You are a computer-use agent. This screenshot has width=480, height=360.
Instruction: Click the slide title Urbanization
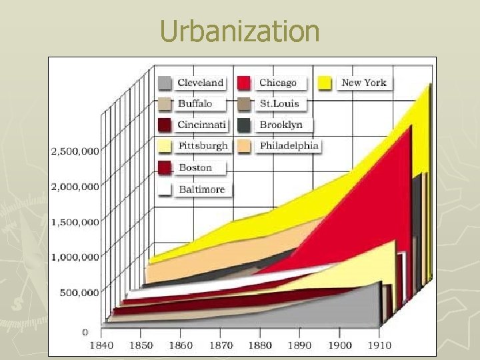pyautogui.click(x=240, y=31)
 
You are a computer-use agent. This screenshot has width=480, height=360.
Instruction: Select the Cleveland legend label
pyautogui.click(x=200, y=83)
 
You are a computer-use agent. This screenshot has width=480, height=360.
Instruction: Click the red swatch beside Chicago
pyautogui.click(x=245, y=83)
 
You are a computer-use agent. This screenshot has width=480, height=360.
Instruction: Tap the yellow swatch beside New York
pyautogui.click(x=325, y=83)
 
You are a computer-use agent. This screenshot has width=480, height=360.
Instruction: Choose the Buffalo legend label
pyautogui.click(x=195, y=103)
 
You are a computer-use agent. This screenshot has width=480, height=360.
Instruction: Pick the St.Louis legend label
pyautogui.click(x=279, y=103)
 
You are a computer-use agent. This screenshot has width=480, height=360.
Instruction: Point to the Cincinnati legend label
pyautogui.click(x=202, y=125)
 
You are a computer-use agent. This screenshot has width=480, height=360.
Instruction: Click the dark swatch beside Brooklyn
pyautogui.click(x=245, y=125)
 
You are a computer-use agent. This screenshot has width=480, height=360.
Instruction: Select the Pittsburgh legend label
pyautogui.click(x=203, y=145)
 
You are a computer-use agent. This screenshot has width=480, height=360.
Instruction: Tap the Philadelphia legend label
pyautogui.click(x=289, y=145)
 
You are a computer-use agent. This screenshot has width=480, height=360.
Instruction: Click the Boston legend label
pyautogui.click(x=195, y=167)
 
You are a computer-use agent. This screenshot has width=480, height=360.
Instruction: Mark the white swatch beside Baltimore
pyautogui.click(x=166, y=189)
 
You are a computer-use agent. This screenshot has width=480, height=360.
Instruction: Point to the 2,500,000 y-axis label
pyautogui.click(x=75, y=151)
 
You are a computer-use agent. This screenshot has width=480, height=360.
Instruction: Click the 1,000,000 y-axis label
pyautogui.click(x=75, y=257)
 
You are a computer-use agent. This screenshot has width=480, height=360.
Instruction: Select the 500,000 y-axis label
pyautogui.click(x=79, y=292)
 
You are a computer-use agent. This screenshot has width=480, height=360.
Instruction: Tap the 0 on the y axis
pyautogui.click(x=85, y=331)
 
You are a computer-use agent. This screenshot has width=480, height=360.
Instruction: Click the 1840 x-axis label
pyautogui.click(x=101, y=345)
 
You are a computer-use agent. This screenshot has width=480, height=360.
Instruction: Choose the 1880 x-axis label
pyautogui.click(x=259, y=345)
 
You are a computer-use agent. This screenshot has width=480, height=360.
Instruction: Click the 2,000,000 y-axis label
pyautogui.click(x=75, y=186)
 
